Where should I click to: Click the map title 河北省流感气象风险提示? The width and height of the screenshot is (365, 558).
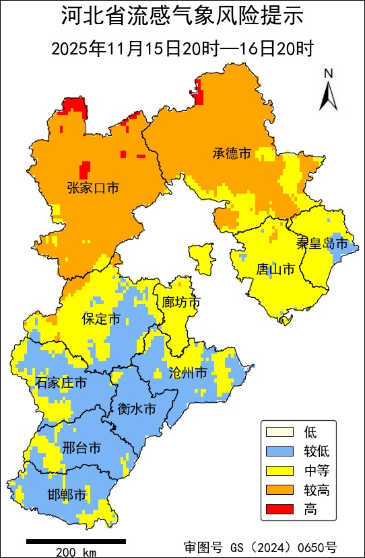click(x=182, y=16)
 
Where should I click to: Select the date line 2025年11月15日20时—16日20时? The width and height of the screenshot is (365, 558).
click(x=182, y=48)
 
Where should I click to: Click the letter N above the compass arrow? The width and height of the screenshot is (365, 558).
click(x=328, y=73)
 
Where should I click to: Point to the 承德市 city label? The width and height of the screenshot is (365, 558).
click(x=232, y=154)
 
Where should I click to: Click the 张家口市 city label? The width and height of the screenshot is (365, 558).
click(x=93, y=188)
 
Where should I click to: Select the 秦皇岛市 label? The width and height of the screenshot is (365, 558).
click(x=322, y=243)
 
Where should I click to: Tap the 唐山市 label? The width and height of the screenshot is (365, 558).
click(x=275, y=270)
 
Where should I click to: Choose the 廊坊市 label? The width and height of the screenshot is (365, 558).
click(x=182, y=303)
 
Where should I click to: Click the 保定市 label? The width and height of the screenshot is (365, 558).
click(x=101, y=319)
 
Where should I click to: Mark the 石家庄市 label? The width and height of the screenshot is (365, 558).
click(x=61, y=383)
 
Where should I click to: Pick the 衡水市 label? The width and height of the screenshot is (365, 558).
click(x=137, y=409)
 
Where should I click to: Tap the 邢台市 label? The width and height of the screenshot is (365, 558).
click(x=81, y=447)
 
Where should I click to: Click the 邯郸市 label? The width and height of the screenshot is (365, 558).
click(x=67, y=495)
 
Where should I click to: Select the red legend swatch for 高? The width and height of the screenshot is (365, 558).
click(x=280, y=510)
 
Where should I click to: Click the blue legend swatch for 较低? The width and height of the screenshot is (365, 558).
click(x=280, y=451)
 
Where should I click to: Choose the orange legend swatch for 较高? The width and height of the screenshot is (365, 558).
click(x=280, y=490)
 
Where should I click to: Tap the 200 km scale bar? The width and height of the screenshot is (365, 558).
click(x=76, y=541)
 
